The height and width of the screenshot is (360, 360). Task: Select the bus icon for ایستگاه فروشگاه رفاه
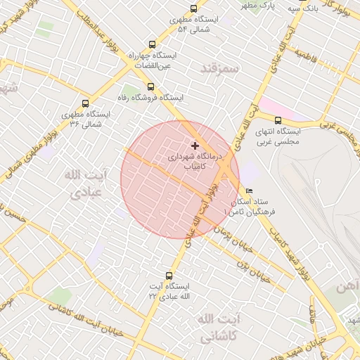tap(150, 86)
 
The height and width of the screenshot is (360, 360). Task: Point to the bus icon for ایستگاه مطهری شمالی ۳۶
tap(86, 103)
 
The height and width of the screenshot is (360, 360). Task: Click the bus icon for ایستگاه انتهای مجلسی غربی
tap(278, 120)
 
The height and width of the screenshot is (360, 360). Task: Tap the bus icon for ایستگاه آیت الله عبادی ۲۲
tap(168, 276)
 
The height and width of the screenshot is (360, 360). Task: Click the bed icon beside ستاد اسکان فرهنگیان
tap(249, 191)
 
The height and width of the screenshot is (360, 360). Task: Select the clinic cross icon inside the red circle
tap(195, 146)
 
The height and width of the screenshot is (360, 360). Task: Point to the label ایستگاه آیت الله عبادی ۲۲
tap(169, 292)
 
